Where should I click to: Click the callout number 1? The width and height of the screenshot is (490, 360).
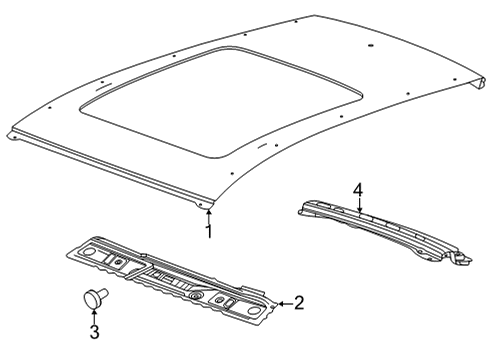coord(209,232)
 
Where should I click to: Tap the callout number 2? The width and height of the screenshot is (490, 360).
coord(298,303)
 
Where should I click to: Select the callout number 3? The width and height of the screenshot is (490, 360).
coord(95,332)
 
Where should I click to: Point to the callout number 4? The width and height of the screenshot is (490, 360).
coord(358,190)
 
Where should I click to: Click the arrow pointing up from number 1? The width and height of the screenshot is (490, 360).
coord(209,217)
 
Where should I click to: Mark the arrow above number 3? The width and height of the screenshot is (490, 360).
coord(94,316)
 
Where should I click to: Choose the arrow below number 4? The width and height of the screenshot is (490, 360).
coord(360,205)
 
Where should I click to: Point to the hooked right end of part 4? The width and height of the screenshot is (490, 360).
coord(462,258)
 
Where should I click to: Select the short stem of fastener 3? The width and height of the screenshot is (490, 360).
coord(104,293)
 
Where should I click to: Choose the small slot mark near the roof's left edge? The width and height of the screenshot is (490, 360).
coord(104,88)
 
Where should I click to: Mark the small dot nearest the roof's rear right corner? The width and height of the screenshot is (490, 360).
coord(455,79)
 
